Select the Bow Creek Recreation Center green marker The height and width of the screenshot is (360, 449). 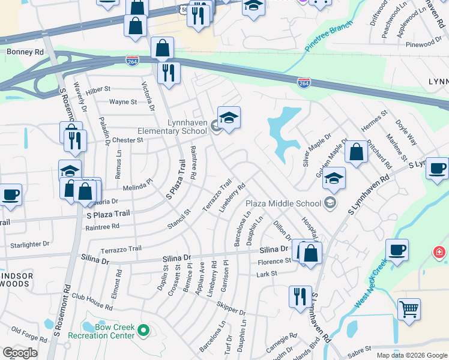(x=143, y=329)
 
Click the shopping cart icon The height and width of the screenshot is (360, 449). (x=409, y=310)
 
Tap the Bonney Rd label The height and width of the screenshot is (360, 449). (x=25, y=52)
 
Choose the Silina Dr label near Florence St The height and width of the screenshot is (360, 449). (x=274, y=249)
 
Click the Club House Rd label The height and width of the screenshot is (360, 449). (x=92, y=302)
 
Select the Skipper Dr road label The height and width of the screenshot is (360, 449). (x=231, y=309)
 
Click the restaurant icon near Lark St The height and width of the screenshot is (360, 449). (x=300, y=296)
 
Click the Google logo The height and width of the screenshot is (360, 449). (x=20, y=353)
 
